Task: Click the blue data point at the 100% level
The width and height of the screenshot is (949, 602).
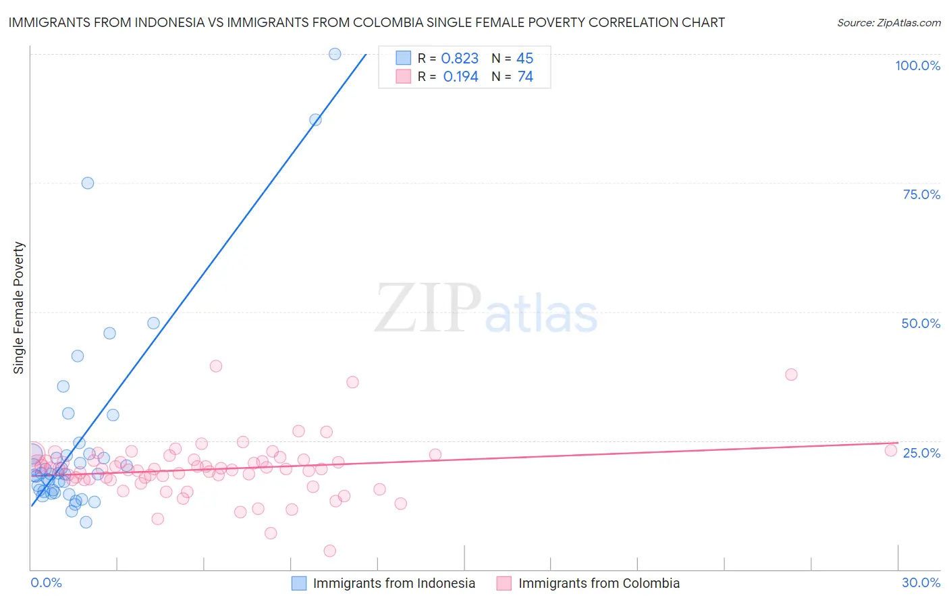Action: [335, 54]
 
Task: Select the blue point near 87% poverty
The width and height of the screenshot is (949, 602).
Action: [315, 120]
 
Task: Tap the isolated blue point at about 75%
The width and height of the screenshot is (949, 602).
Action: [88, 183]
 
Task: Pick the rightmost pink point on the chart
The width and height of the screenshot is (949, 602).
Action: [891, 450]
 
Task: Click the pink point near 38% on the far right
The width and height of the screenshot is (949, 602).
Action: [791, 375]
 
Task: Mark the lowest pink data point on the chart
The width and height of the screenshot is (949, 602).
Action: [330, 551]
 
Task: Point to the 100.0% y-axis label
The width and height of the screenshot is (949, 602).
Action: [917, 65]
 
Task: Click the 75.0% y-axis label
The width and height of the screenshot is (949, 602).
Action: [921, 194]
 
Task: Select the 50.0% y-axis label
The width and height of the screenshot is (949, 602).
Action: [921, 323]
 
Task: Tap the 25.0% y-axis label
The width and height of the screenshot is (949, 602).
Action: [921, 452]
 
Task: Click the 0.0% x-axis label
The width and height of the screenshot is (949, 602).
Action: [46, 582]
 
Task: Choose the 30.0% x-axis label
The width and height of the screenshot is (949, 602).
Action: [921, 582]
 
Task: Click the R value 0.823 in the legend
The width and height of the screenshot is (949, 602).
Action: [460, 59]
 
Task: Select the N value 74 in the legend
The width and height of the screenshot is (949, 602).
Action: [525, 77]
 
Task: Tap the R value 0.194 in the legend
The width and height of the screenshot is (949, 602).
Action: [460, 77]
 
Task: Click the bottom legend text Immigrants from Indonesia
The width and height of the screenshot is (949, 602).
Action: [394, 583]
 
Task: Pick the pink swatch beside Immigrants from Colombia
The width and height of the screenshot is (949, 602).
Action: [504, 583]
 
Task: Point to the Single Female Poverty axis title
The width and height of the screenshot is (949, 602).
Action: [19, 308]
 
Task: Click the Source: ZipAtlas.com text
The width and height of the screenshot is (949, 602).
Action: [888, 23]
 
